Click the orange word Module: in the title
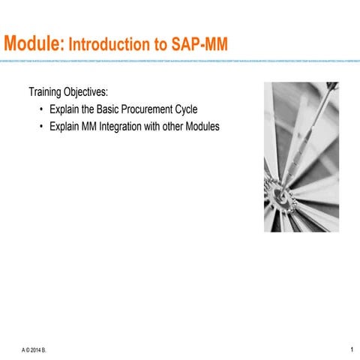(x=32, y=45)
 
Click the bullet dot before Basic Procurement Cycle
(x=41, y=109)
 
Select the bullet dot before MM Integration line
(x=41, y=127)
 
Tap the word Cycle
(x=192, y=109)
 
